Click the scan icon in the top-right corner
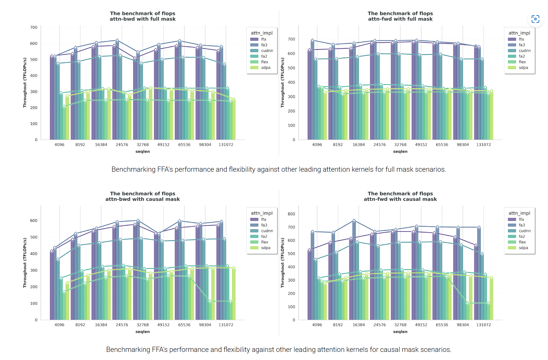[x=535, y=19]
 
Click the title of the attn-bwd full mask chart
[x=143, y=16]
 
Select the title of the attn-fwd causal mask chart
[x=400, y=196]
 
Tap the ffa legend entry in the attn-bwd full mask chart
[x=263, y=39]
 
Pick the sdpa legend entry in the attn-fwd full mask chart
[x=523, y=68]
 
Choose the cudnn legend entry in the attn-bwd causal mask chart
[x=267, y=231]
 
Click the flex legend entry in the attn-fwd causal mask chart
[x=522, y=242]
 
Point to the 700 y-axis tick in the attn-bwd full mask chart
[x=34, y=27]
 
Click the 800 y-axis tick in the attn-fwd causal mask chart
[x=291, y=214]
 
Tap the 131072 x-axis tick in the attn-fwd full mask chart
[x=483, y=145]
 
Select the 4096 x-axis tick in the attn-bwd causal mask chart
[x=59, y=325]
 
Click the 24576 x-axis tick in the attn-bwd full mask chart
[x=122, y=145]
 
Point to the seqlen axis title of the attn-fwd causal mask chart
[x=400, y=332]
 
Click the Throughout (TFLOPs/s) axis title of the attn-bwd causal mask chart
[x=25, y=263]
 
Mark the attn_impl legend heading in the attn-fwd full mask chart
[x=519, y=33]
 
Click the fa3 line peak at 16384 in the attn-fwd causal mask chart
[x=354, y=221]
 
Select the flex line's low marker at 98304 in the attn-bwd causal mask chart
[x=210, y=301]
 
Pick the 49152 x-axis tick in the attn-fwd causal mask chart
[x=421, y=325]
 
